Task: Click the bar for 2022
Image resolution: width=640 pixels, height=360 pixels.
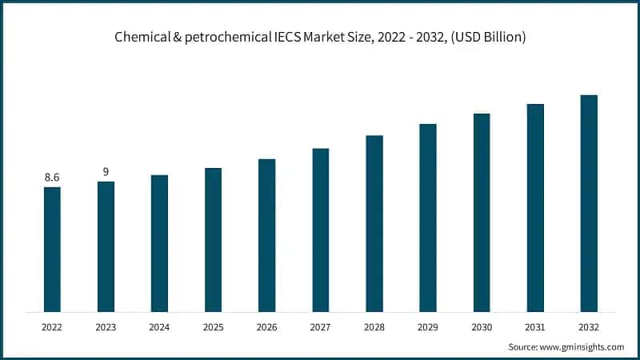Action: point(52,249)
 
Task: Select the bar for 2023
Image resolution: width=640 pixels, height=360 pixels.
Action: point(106,246)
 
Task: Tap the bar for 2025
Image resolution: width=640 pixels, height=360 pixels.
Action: point(213,239)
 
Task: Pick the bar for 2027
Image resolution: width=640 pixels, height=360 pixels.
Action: point(321,230)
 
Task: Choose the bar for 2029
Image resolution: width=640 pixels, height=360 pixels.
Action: point(428,218)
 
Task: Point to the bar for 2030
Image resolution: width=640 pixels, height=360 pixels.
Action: point(482,212)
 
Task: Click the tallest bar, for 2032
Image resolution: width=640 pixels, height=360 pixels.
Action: point(589,203)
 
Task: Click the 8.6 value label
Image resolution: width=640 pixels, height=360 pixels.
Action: point(52,177)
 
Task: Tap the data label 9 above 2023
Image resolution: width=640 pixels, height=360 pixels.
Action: point(106,171)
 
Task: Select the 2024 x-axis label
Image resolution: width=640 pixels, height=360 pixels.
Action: point(159,326)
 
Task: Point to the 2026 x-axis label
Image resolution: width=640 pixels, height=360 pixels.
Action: point(266,326)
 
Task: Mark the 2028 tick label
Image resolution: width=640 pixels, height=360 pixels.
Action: point(374,326)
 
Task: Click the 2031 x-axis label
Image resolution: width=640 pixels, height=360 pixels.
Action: point(535,326)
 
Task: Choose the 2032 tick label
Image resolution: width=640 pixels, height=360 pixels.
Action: point(589,326)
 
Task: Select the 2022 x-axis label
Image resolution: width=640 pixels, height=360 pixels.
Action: point(52,326)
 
